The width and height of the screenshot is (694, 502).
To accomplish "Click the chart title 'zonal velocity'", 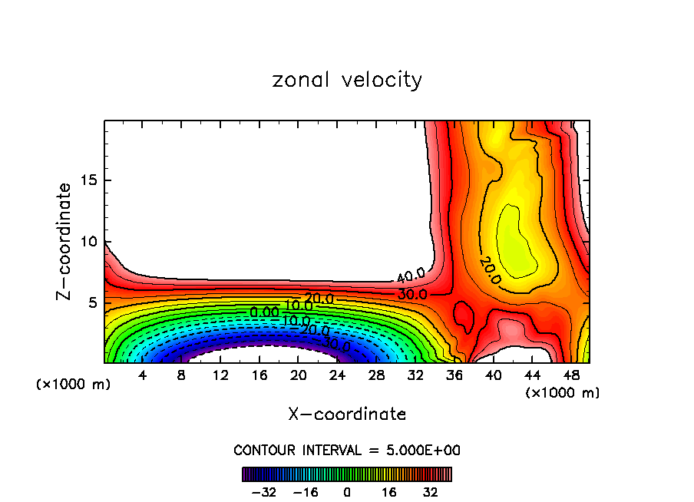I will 347,80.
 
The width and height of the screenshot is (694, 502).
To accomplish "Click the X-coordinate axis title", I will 347,414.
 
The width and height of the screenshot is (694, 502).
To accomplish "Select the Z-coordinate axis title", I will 64,241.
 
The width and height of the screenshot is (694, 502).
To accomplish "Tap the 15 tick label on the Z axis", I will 87,180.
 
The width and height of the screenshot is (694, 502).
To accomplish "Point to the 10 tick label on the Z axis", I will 87,241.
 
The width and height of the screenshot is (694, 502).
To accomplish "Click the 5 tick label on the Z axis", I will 91,302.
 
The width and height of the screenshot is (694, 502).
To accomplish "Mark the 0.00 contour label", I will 265,312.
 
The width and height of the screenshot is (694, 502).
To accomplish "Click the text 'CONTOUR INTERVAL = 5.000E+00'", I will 347,450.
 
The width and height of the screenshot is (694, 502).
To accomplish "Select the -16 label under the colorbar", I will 305,492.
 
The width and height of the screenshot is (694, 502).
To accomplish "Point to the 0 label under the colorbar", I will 347,492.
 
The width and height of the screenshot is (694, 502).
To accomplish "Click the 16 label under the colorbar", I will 389,492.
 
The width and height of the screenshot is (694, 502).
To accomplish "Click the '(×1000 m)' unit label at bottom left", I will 74,385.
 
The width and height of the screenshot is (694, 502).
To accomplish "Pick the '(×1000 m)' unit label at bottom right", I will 562,392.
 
